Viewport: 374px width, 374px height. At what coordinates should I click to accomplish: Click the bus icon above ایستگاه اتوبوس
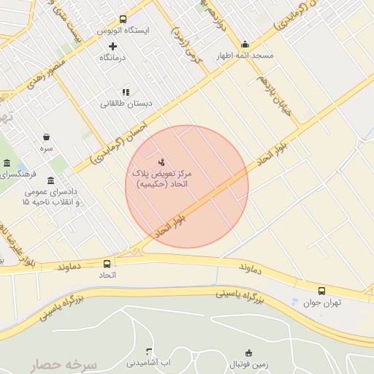tap(122, 20)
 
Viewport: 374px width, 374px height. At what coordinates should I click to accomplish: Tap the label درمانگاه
tap(112, 57)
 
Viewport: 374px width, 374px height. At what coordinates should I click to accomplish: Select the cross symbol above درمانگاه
tap(112, 46)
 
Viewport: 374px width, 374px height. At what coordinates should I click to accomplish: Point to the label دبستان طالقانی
tap(127, 104)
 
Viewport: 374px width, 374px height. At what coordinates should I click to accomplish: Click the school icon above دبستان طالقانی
tap(126, 93)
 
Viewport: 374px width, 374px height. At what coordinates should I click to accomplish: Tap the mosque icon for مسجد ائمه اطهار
tap(244, 43)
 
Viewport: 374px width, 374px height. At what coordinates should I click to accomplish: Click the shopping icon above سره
tap(47, 137)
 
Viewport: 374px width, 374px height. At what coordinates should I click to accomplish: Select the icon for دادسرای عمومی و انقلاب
tap(50, 180)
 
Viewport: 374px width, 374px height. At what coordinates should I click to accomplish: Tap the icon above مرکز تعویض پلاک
tap(161, 160)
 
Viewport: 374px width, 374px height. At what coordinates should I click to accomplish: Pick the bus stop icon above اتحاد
tap(107, 264)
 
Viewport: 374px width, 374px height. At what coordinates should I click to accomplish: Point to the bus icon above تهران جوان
tap(321, 290)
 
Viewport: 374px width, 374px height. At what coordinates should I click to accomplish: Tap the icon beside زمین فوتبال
tap(248, 353)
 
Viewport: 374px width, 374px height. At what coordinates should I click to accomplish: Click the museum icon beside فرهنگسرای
tap(7, 163)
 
